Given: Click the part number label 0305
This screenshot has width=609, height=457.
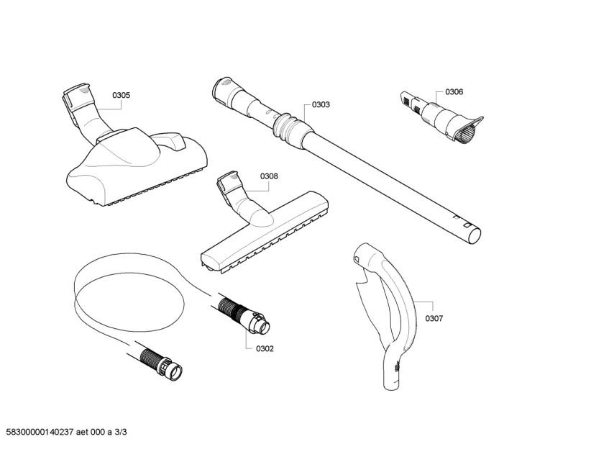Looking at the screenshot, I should (x=121, y=95).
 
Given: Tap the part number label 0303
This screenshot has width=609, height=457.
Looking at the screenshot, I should (x=321, y=104).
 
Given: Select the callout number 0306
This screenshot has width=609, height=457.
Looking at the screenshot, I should (x=454, y=92).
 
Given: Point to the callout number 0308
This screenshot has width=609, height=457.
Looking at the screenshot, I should (x=269, y=176).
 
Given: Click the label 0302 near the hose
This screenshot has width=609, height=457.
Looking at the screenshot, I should (x=265, y=348).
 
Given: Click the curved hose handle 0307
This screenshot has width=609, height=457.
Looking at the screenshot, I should (x=399, y=302).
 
